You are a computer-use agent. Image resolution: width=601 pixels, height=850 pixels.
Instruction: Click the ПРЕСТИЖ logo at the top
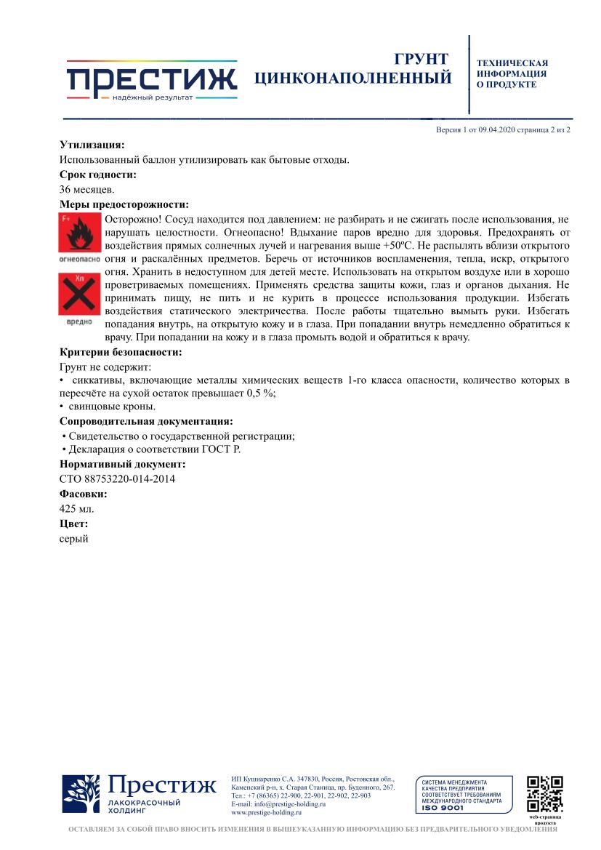[152, 80]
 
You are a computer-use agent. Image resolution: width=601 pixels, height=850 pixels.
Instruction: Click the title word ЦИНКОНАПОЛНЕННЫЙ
[353, 77]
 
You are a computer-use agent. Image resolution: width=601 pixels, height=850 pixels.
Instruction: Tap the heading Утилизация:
[92, 145]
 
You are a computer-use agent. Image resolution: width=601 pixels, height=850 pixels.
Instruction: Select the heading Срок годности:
[97, 175]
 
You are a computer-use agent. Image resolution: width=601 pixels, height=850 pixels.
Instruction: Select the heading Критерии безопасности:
[120, 353]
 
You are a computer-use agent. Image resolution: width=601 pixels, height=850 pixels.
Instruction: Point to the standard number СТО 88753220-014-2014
[117, 478]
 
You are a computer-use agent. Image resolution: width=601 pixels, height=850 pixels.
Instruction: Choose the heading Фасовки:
[83, 494]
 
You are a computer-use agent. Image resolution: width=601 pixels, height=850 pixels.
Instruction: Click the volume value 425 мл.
[76, 508]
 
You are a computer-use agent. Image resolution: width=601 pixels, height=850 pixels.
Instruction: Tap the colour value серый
[73, 539]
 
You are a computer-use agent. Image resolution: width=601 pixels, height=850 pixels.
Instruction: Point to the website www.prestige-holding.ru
[266, 813]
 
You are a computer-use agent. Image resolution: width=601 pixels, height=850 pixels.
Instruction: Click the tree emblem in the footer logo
[81, 793]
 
